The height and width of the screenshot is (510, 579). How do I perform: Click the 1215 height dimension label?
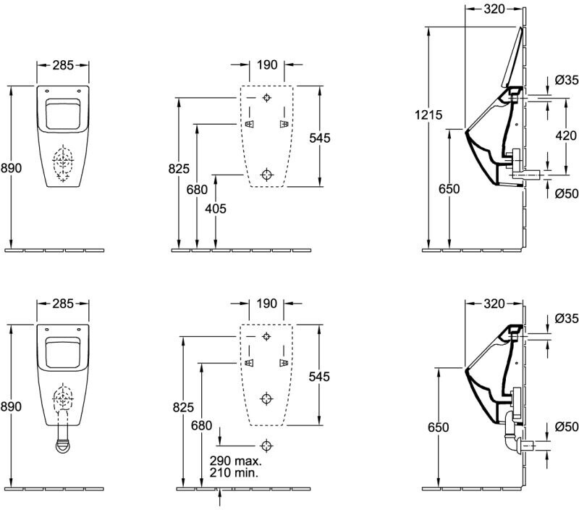click(428, 115)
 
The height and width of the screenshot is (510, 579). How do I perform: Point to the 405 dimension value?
click(216, 209)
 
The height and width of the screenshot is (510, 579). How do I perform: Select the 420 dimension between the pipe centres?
click(566, 135)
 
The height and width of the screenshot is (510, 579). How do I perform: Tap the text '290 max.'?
click(236, 461)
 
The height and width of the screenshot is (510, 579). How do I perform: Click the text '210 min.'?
click(234, 472)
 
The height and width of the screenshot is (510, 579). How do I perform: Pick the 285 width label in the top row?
click(63, 65)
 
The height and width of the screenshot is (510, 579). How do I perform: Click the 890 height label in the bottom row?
click(11, 406)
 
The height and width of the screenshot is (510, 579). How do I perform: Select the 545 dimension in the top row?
click(320, 138)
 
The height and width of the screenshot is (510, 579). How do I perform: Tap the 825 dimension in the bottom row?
click(183, 407)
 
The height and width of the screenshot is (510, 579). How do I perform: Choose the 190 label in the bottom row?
click(266, 304)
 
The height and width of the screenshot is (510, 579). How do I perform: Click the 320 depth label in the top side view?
click(494, 9)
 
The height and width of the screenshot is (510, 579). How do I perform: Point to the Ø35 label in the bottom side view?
click(567, 318)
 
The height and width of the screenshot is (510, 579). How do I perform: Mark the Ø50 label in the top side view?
click(567, 193)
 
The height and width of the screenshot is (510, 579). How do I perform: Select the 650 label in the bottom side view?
click(439, 427)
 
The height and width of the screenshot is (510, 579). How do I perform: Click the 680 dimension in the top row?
click(197, 190)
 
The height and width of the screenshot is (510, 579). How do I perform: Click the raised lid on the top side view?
click(512, 57)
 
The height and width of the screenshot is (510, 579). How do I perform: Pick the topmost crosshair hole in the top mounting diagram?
click(266, 98)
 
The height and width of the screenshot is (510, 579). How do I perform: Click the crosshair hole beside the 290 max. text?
click(266, 446)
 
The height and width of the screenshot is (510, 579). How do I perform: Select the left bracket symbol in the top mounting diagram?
click(250, 124)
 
